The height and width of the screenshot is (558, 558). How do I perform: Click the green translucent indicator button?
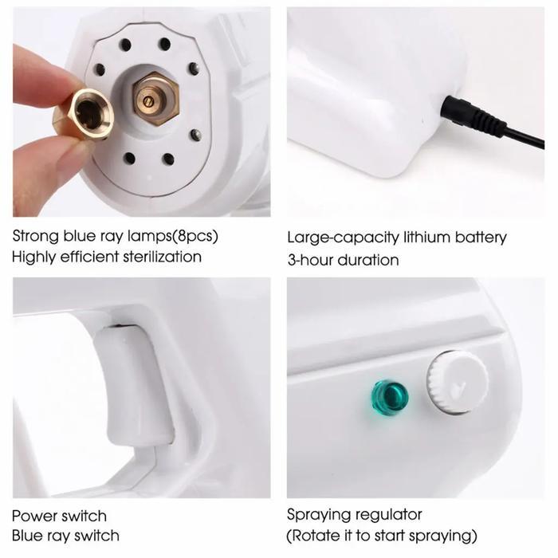pyautogui.click(x=389, y=396)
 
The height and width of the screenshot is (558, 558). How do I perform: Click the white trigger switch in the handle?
pyautogui.click(x=134, y=383)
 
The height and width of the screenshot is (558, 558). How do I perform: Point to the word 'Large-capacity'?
pyautogui.click(x=336, y=238)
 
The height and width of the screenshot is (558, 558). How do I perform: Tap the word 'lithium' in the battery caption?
pyautogui.click(x=415, y=238)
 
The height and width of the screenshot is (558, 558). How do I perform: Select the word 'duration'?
pyautogui.click(x=370, y=260)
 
